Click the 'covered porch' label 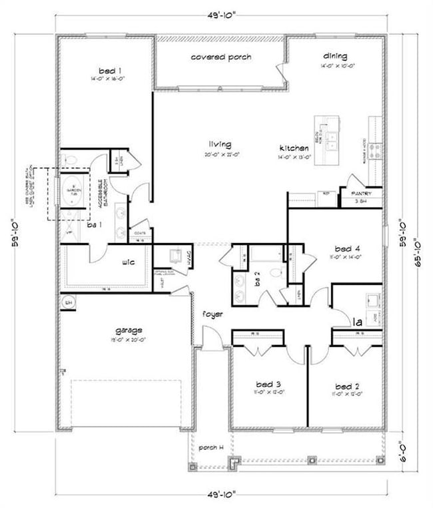click(221, 57)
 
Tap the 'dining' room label click(335, 56)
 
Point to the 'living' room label click(219, 144)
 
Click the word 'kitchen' click(293, 148)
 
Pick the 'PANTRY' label click(360, 194)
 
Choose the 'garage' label click(128, 330)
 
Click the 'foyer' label click(213, 314)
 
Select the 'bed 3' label click(268, 384)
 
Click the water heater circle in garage click(67, 303)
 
